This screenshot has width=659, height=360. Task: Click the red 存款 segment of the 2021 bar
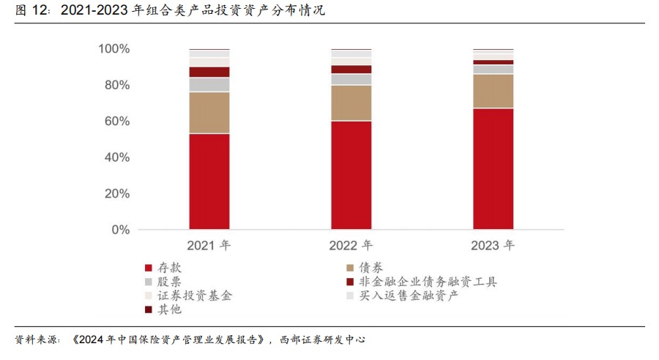tap(209, 181)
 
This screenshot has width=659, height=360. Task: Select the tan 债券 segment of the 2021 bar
tap(209, 113)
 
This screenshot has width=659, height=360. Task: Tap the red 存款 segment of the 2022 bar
tap(351, 175)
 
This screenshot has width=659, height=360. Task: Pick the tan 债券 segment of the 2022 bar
tap(351, 103)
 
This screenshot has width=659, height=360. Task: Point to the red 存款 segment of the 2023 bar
tap(493, 169)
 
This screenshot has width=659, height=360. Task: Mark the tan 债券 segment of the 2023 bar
tap(493, 91)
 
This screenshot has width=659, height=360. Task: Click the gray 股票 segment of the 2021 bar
tap(209, 84)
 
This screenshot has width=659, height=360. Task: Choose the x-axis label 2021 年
tap(209, 246)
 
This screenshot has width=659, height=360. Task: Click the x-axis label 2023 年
tap(493, 246)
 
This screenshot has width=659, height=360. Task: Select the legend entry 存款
tap(169, 268)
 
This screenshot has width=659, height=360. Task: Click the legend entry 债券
tap(371, 268)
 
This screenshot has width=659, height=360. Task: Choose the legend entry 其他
tap(169, 310)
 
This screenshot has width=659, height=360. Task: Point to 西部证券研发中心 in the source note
tap(321, 340)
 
